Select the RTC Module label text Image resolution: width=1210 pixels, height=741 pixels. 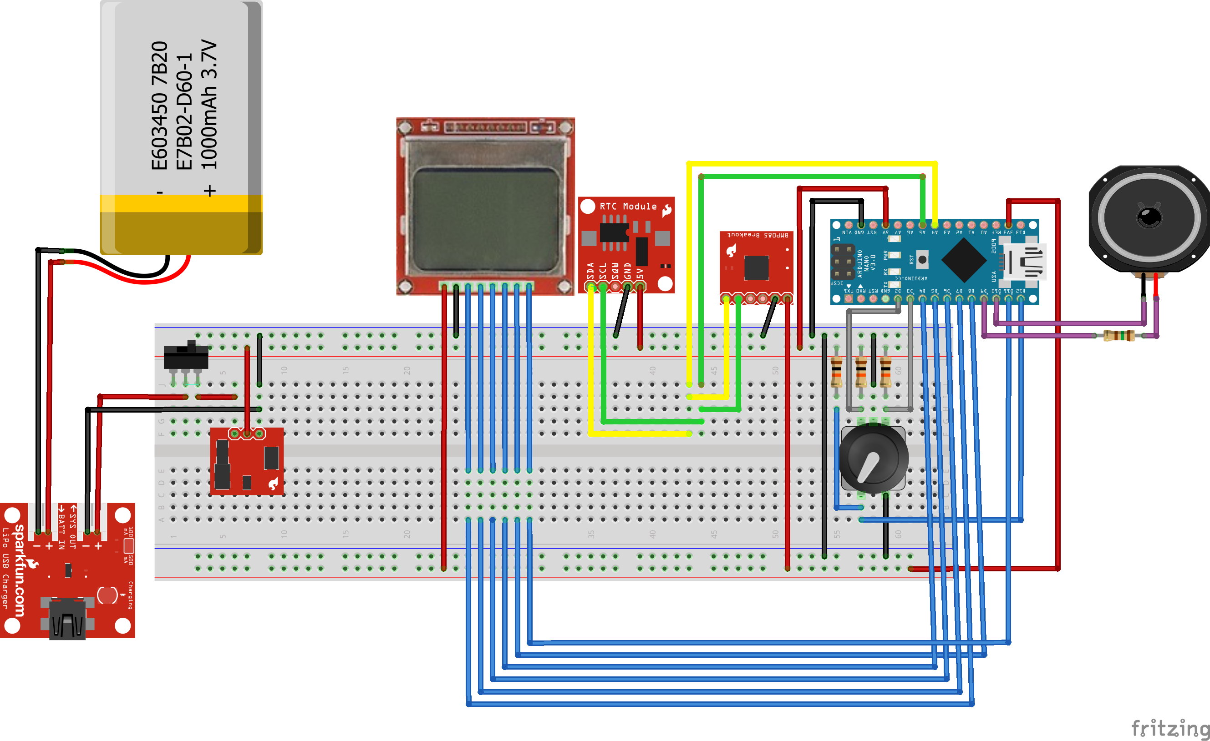[x=628, y=207]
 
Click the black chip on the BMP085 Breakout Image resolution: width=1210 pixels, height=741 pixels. [x=756, y=267]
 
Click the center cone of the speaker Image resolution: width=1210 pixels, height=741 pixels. [x=1149, y=216]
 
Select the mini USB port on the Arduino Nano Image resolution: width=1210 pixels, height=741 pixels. [x=1024, y=261]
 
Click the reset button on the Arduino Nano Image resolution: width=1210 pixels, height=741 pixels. [x=922, y=260]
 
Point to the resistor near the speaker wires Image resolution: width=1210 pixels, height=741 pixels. [x=1118, y=336]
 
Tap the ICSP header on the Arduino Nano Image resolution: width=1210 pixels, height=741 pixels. [x=842, y=262]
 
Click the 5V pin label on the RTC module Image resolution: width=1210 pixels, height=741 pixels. [x=640, y=273]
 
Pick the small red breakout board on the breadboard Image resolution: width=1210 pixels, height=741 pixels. [x=247, y=461]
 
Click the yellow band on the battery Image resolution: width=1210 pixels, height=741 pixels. [x=181, y=203]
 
